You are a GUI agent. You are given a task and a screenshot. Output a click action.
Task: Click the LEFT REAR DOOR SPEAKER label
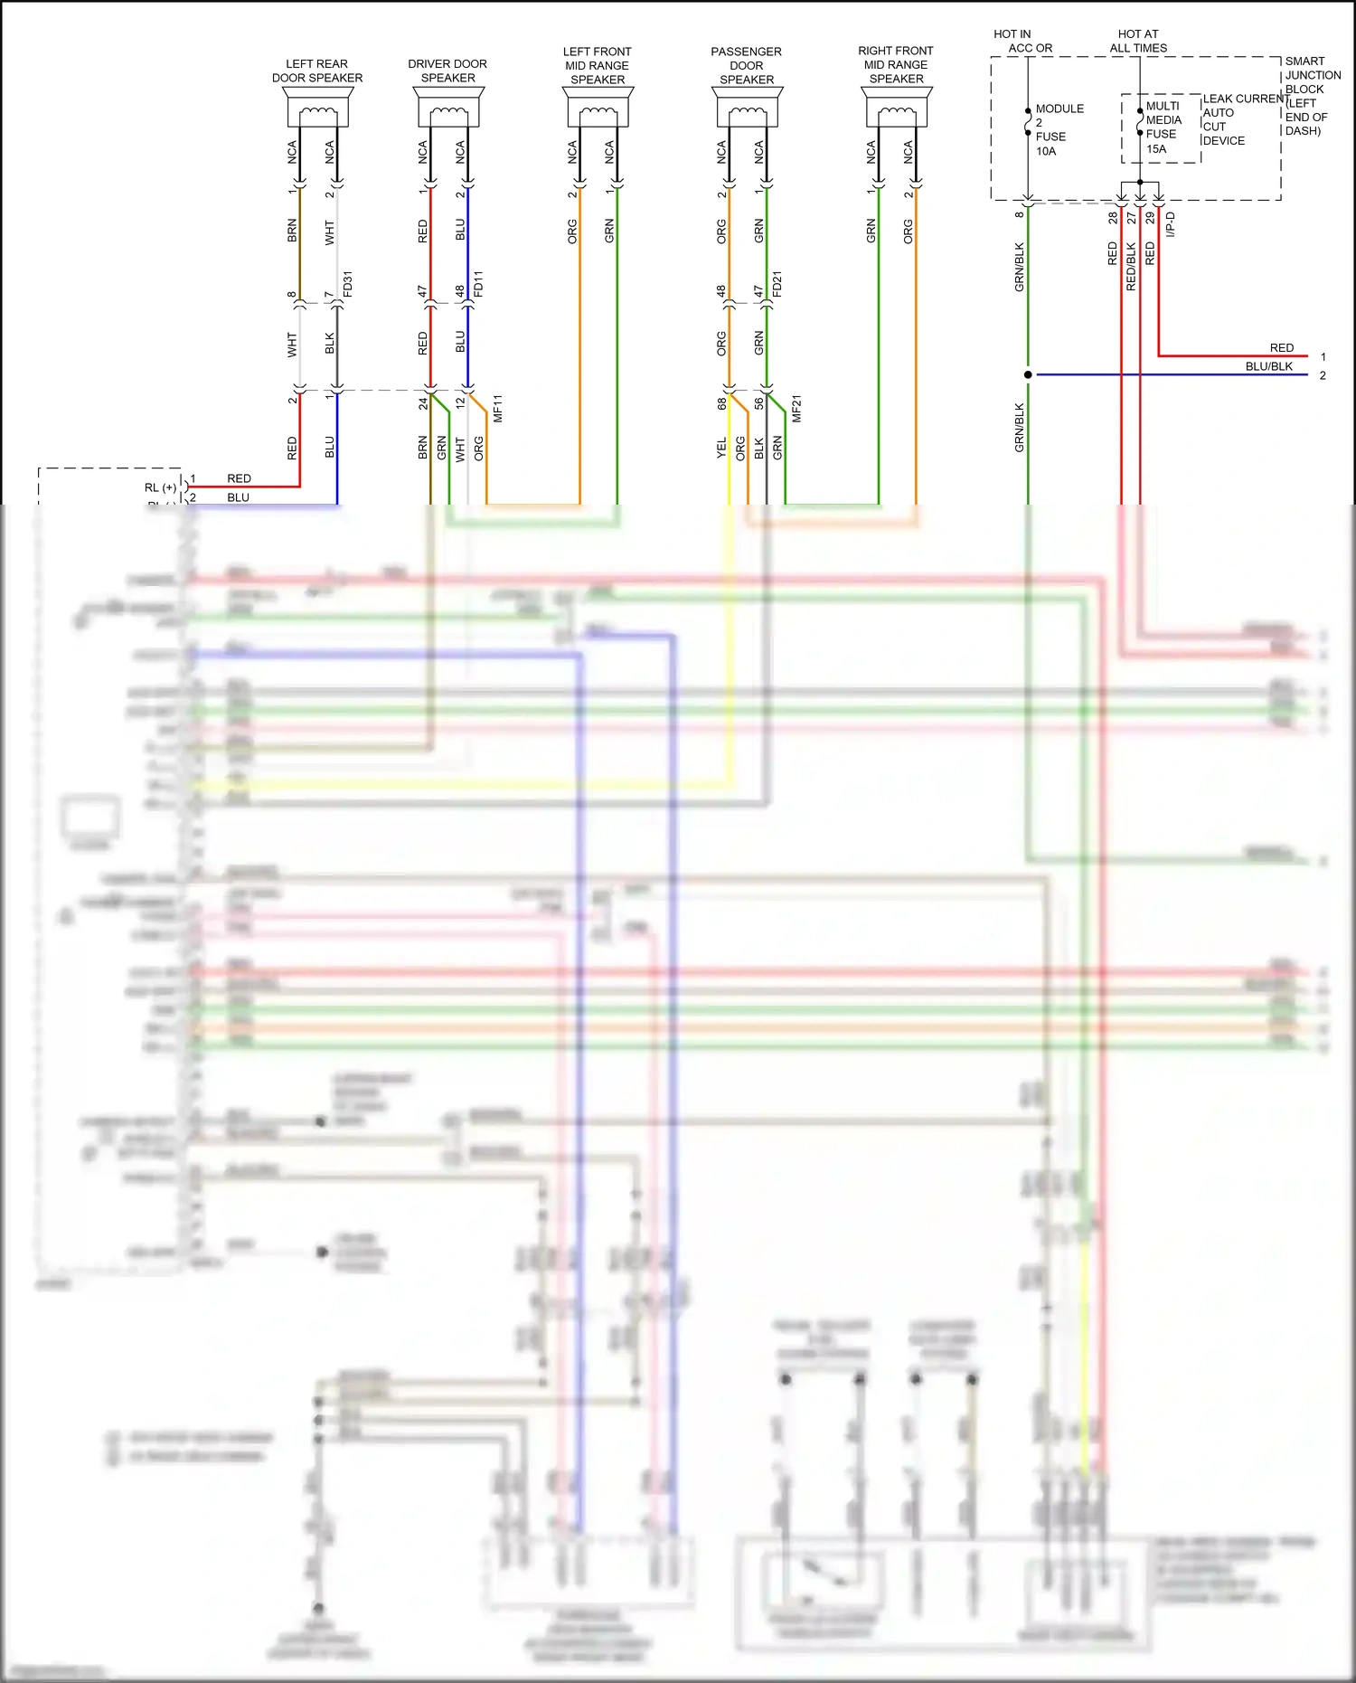click(317, 71)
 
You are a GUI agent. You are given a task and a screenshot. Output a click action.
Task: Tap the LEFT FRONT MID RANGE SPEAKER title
click(597, 65)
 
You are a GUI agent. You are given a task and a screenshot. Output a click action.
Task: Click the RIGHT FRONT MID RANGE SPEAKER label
click(896, 64)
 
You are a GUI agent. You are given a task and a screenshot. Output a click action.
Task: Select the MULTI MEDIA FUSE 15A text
click(1163, 128)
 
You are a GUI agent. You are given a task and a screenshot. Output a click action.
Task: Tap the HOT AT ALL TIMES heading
click(1138, 41)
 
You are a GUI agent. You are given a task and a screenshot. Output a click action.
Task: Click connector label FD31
click(348, 284)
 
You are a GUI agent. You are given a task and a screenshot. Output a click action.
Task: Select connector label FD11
click(478, 284)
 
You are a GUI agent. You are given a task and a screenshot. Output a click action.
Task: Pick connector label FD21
click(777, 284)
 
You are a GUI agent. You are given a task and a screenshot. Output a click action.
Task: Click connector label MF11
click(497, 408)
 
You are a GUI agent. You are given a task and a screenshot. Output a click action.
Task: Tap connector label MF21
click(796, 408)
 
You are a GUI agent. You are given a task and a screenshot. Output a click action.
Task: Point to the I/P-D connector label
click(1170, 224)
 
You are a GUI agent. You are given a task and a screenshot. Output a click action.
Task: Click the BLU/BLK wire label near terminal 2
click(1268, 366)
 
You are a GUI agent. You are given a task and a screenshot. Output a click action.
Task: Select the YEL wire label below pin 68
click(721, 447)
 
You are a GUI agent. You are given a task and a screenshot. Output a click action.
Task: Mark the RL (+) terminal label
click(160, 487)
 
